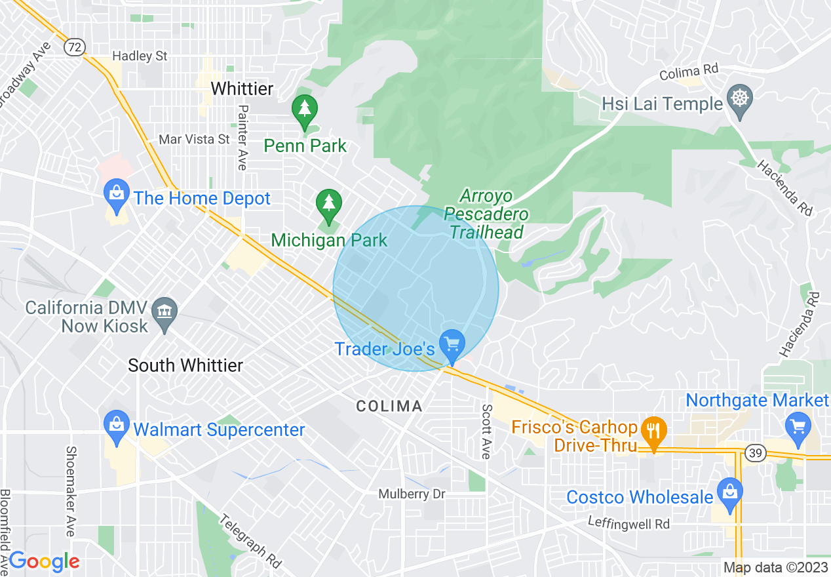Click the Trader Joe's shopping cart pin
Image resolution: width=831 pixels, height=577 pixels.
452,344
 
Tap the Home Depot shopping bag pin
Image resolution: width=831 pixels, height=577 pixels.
117,195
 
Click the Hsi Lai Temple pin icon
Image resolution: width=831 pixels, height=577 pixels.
740,100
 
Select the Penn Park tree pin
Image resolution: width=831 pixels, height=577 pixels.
304,109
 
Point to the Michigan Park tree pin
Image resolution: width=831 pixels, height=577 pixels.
328,204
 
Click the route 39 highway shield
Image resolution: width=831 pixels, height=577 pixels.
754,452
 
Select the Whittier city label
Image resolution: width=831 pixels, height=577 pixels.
242,89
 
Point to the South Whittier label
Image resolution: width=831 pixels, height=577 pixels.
185,365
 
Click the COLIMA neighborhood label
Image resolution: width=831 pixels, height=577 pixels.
389,407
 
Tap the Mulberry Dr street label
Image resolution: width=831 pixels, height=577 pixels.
412,494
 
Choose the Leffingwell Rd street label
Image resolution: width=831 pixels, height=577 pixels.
628,524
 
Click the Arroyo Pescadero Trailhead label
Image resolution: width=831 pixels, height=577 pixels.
486,214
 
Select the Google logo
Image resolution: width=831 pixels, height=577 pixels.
45,561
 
